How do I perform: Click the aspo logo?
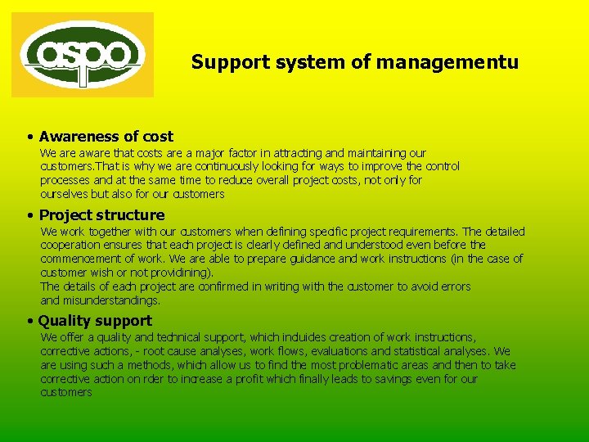pyautogui.click(x=83, y=55)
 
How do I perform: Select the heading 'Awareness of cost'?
pyautogui.click(x=106, y=137)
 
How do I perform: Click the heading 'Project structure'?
pyautogui.click(x=102, y=215)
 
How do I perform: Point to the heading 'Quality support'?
pyautogui.click(x=96, y=321)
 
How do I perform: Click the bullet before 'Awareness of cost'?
pyautogui.click(x=29, y=137)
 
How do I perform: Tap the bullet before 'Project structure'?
pyautogui.click(x=29, y=215)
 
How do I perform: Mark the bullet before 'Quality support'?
pyautogui.click(x=29, y=321)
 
